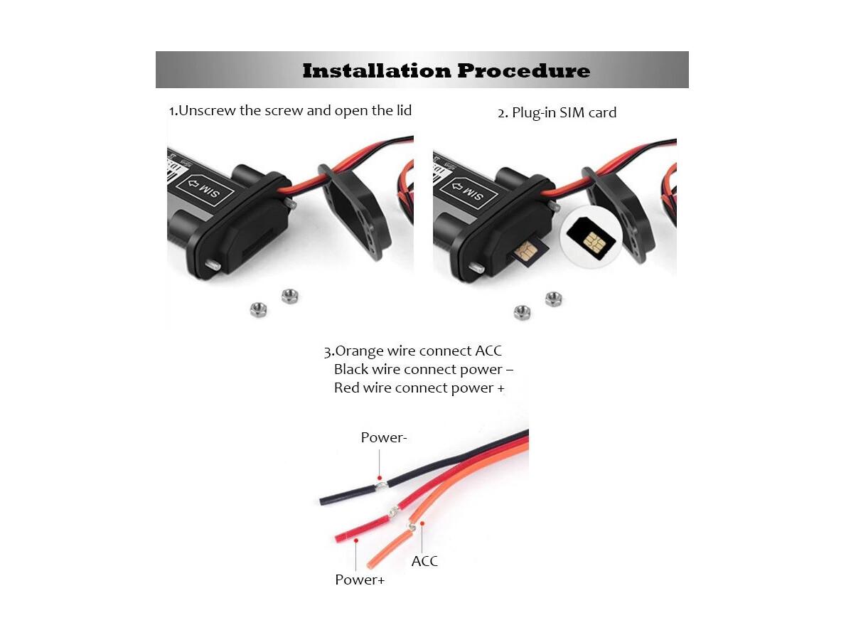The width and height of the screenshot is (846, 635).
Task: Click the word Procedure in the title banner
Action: click(x=523, y=70)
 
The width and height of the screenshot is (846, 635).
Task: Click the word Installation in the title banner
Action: click(x=377, y=70)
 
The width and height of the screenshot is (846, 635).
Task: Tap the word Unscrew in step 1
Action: click(x=207, y=111)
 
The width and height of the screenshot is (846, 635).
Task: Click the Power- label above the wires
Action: click(x=384, y=437)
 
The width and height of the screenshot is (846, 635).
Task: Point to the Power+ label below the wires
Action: click(x=359, y=580)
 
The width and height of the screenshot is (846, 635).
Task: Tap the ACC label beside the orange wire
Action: click(x=424, y=562)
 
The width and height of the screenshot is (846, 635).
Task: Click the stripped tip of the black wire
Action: click(x=382, y=486)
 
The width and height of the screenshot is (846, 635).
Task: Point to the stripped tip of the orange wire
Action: click(x=410, y=527)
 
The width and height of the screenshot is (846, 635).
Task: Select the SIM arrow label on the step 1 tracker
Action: click(x=204, y=189)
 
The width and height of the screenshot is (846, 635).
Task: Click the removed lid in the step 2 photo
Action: click(x=619, y=213)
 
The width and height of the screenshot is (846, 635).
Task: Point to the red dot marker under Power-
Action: click(x=380, y=478)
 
